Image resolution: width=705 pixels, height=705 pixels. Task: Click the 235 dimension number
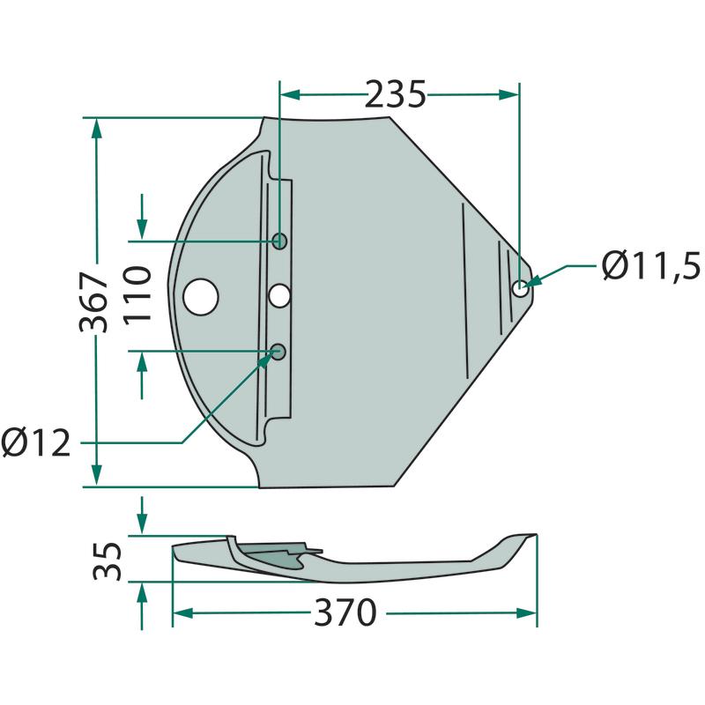click(395, 94)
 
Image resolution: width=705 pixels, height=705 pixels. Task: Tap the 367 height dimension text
click(94, 301)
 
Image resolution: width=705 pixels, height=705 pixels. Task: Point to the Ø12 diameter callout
click(36, 442)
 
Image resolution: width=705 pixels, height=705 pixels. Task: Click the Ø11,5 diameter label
click(650, 266)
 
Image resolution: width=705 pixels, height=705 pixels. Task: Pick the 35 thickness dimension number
click(108, 561)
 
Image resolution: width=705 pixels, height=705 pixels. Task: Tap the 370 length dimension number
click(345, 612)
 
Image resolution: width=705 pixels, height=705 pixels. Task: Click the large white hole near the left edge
click(201, 297)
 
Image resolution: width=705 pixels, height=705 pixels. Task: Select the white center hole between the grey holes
click(279, 296)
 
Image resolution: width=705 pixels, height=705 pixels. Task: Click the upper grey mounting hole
click(279, 241)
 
